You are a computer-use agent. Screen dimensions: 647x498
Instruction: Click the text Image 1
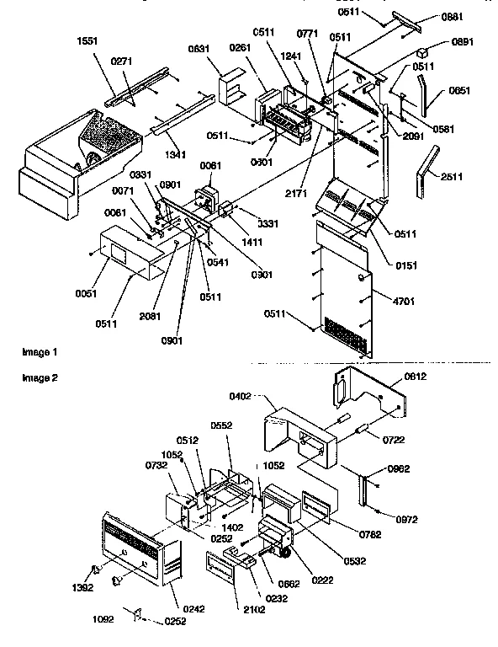point(40,350)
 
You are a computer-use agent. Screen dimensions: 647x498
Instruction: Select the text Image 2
point(40,378)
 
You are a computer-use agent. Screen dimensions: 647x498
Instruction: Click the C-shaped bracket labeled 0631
point(228,88)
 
